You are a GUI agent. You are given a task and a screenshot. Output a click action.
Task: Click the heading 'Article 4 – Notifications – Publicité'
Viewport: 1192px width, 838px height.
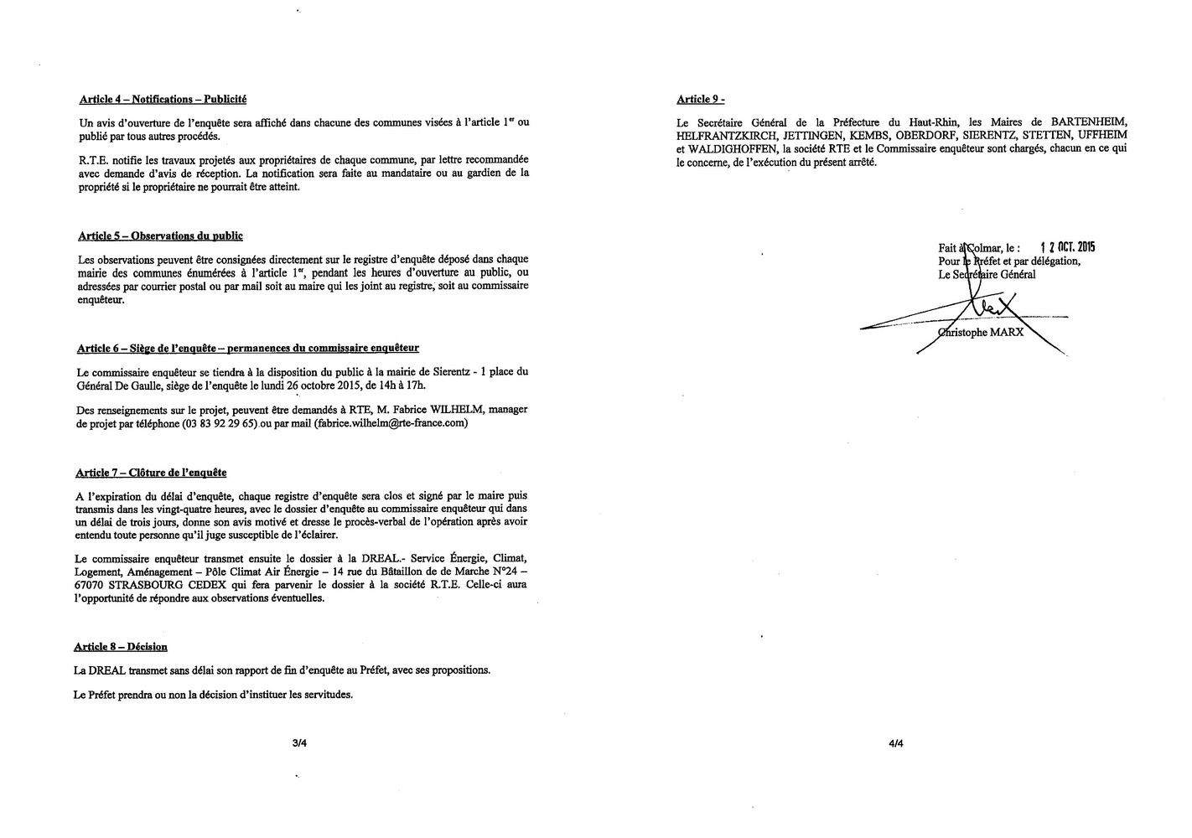pos(163,100)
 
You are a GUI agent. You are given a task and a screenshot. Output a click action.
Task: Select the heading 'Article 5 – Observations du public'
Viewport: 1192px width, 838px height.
pos(160,236)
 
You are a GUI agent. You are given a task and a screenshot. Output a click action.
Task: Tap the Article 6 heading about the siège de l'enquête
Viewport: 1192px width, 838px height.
pos(247,348)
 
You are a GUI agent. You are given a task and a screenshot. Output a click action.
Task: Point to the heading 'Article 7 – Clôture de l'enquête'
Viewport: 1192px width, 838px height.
pos(151,473)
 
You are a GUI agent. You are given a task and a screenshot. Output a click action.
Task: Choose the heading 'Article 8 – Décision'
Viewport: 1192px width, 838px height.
pos(121,647)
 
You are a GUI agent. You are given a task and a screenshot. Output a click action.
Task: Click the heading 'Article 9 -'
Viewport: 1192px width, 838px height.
pos(700,100)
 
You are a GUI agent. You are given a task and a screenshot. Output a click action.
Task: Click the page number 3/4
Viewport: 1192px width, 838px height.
pos(298,742)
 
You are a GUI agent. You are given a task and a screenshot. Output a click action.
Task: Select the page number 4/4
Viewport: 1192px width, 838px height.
pos(896,742)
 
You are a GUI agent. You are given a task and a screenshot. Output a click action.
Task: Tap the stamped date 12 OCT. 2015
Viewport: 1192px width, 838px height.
pos(1067,247)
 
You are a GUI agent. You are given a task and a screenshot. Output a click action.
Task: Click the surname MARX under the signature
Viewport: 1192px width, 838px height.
pos(1007,331)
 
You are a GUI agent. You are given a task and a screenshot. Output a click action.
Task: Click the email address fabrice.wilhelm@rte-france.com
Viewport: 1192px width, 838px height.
pos(391,423)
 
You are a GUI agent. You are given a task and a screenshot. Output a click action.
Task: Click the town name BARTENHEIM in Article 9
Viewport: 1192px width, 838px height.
pos(1090,122)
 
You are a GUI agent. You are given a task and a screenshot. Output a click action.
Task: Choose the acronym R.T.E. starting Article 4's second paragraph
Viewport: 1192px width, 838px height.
pos(92,159)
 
